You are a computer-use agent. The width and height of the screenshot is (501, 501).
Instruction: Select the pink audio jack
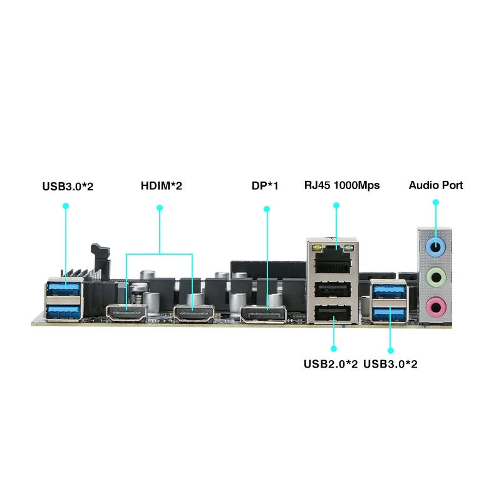click(x=436, y=306)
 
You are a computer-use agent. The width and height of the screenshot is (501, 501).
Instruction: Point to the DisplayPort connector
click(x=262, y=312)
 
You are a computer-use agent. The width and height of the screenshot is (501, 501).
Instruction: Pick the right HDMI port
click(x=194, y=313)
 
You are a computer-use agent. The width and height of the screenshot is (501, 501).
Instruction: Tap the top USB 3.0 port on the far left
click(x=64, y=289)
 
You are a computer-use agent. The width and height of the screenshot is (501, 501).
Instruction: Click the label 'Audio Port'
click(x=436, y=185)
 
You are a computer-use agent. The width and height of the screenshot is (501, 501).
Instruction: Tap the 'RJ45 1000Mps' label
click(x=342, y=185)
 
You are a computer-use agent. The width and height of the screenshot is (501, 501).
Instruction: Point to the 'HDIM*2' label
click(x=161, y=185)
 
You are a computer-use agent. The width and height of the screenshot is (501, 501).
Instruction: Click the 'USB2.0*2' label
click(x=331, y=364)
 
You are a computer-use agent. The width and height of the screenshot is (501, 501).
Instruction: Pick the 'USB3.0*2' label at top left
click(x=68, y=185)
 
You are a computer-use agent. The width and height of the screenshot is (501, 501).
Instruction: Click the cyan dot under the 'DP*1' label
click(x=267, y=208)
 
